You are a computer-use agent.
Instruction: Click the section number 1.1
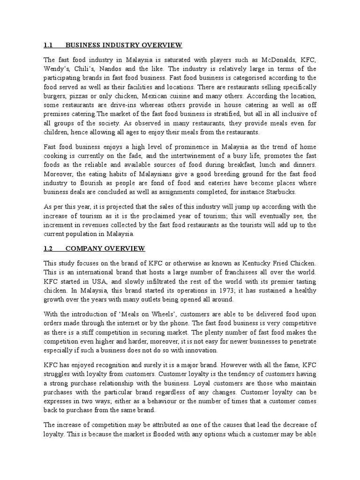pos(48,45)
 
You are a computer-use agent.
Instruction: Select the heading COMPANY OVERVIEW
pos(105,248)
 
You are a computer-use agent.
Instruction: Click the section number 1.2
pos(48,248)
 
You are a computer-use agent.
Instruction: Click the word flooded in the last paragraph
pos(161,435)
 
